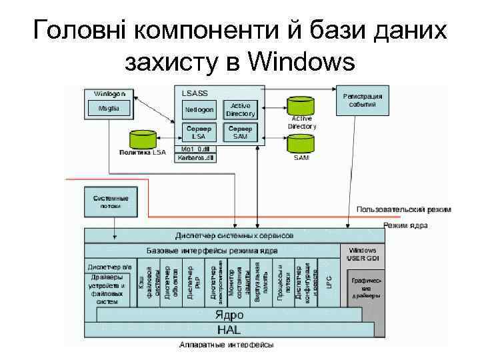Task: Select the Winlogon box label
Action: [106, 93]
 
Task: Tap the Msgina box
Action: [106, 109]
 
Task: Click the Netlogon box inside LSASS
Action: [199, 109]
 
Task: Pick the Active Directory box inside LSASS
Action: [240, 109]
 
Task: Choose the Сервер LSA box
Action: [199, 132]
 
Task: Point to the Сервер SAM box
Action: [240, 132]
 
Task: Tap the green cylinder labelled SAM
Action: [300, 143]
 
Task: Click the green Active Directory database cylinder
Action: [300, 107]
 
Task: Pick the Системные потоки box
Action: [107, 202]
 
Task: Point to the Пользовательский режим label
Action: [403, 209]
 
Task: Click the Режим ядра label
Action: [405, 225]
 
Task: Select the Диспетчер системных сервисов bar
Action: [233, 236]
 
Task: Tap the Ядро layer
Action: [227, 315]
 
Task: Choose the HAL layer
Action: [227, 330]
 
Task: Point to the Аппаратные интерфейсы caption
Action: [227, 345]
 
